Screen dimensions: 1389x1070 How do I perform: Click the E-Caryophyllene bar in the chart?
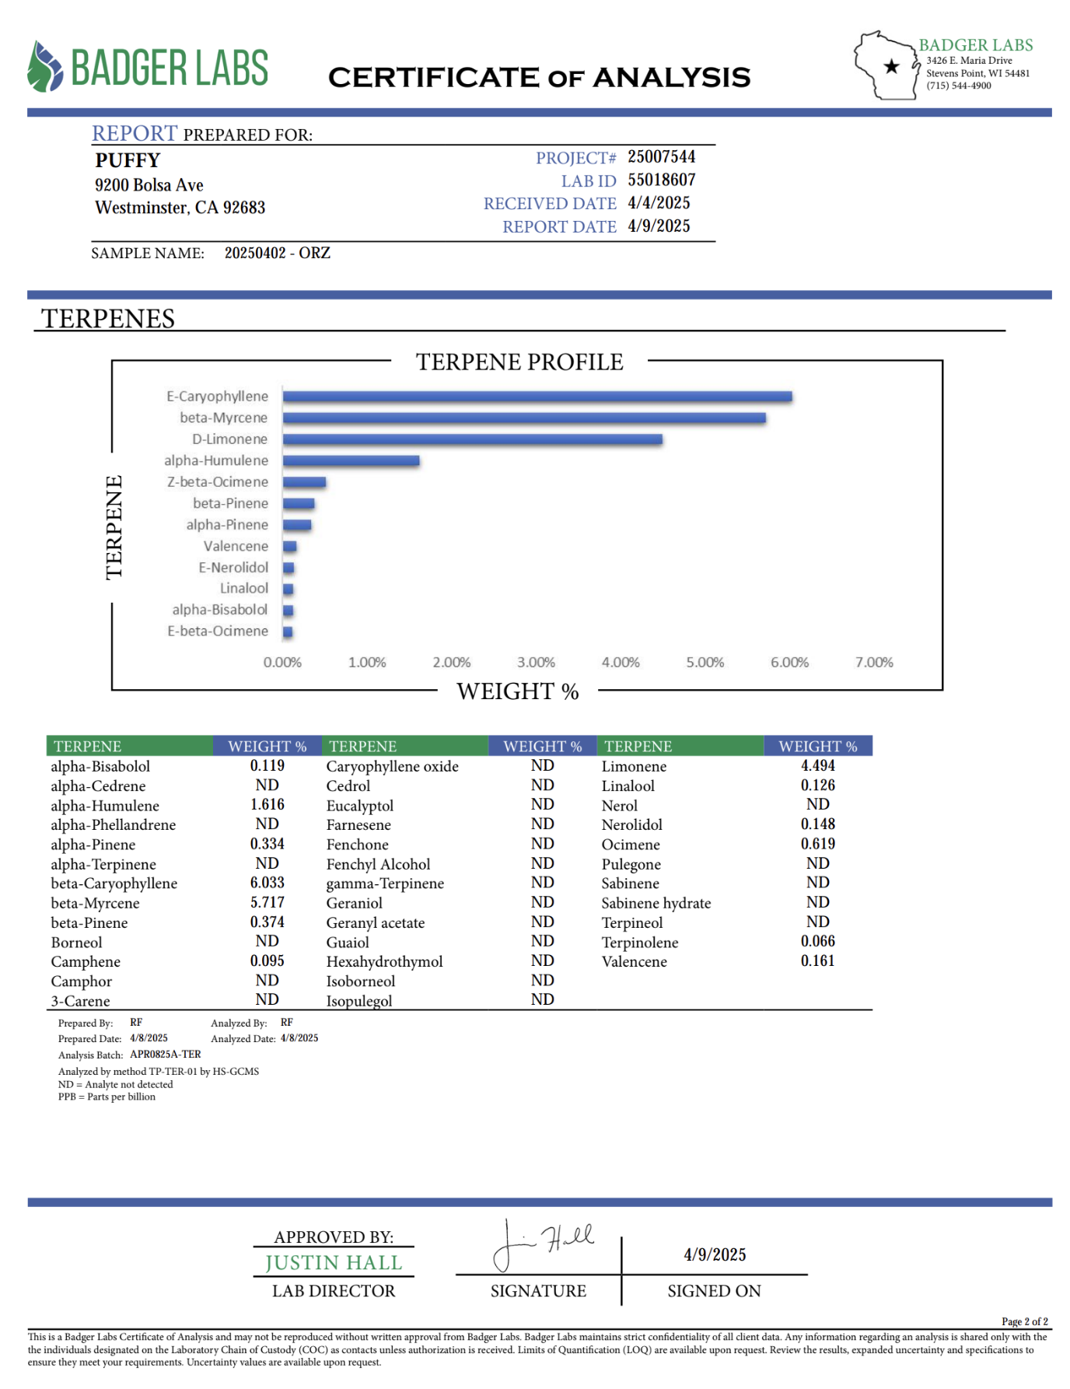(x=537, y=397)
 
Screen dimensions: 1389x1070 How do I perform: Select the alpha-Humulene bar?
(x=351, y=460)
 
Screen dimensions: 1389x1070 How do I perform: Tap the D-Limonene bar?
(x=472, y=439)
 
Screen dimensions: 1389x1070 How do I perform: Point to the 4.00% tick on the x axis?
(x=621, y=663)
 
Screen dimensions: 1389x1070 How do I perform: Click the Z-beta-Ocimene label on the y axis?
(x=218, y=482)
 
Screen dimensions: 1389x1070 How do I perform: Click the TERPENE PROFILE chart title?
(x=519, y=362)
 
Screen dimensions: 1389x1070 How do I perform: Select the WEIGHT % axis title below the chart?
(x=517, y=691)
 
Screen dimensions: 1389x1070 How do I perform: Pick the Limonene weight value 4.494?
(x=817, y=766)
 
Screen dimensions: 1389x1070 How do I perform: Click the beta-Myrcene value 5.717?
(x=267, y=903)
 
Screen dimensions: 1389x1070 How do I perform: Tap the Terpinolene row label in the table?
(x=639, y=943)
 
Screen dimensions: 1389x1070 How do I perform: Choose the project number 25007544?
(x=661, y=157)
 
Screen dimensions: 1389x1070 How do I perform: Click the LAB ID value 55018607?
(x=661, y=180)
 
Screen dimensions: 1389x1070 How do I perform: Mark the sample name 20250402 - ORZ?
(x=278, y=254)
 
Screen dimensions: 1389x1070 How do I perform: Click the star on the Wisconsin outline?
(x=892, y=67)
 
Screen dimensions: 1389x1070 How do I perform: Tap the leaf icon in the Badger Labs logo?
(x=44, y=67)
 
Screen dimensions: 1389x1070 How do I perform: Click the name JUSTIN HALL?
(x=334, y=1263)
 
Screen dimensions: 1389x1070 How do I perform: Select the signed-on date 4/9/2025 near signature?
(x=715, y=1254)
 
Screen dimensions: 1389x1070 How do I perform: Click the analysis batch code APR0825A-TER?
(x=165, y=1055)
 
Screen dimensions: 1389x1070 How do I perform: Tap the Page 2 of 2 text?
(x=1024, y=1321)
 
